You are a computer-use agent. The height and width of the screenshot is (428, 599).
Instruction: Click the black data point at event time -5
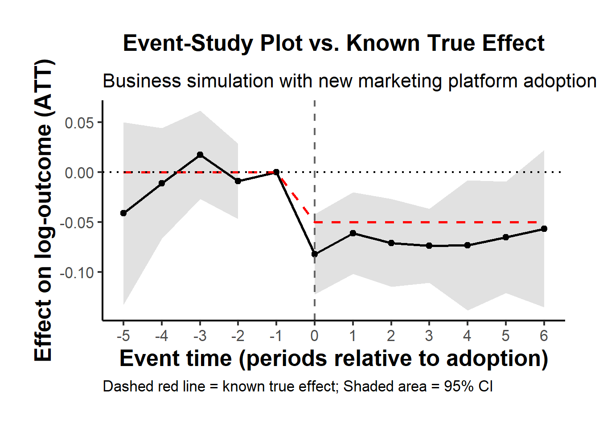tap(123, 213)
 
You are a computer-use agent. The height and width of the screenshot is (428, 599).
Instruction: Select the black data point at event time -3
tap(200, 155)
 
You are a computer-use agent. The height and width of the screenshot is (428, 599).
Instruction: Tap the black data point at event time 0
tap(315, 254)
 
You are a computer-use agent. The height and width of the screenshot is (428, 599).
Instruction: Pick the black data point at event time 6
tap(544, 229)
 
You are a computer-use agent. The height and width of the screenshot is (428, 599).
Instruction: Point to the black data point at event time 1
tap(353, 233)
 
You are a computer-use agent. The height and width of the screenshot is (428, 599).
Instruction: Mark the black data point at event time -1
tap(276, 172)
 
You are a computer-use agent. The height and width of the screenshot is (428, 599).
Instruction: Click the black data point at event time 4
tap(467, 245)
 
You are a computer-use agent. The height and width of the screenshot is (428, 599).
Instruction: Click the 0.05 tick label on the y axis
tap(79, 123)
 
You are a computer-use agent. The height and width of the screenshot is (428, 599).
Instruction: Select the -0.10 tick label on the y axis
tap(77, 272)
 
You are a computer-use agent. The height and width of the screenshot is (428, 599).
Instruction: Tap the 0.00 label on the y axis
tap(79, 173)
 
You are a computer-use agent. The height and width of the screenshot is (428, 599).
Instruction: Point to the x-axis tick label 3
tap(429, 336)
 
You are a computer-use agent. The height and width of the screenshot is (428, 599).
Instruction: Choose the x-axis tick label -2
tap(238, 336)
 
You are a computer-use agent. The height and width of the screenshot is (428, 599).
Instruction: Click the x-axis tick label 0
tap(315, 336)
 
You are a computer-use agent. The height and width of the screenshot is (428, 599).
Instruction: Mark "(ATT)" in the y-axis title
tap(44, 87)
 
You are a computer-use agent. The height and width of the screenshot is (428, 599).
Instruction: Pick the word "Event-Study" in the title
tap(188, 44)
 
